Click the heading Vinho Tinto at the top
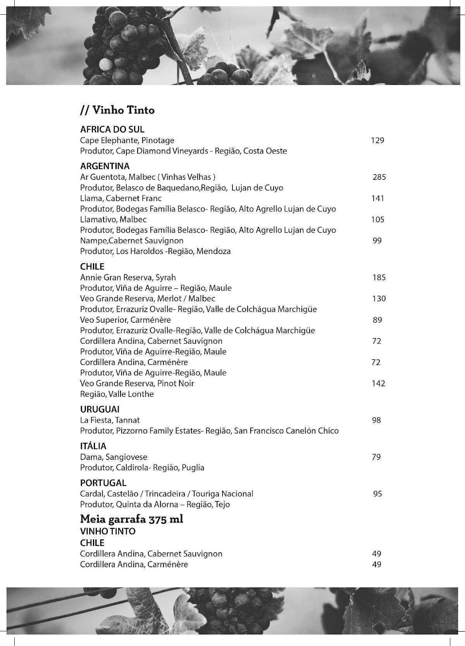(x=117, y=111)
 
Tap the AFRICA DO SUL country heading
(x=112, y=130)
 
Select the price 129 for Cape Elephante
(x=377, y=140)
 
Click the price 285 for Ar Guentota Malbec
(x=379, y=177)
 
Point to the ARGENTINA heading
(x=105, y=166)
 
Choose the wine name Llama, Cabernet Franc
(x=121, y=199)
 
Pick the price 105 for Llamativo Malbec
(x=377, y=219)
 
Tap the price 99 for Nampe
(x=377, y=241)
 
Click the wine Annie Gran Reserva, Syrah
(x=128, y=278)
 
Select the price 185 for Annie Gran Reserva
(x=379, y=278)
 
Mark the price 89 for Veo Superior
(x=377, y=320)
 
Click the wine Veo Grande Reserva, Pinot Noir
(x=137, y=383)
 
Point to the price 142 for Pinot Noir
(x=378, y=383)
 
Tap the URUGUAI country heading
(x=100, y=409)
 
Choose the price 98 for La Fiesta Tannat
(x=376, y=420)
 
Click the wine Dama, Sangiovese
(x=114, y=457)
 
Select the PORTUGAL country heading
(x=103, y=483)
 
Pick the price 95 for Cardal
(x=377, y=494)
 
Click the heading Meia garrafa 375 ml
(x=131, y=519)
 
